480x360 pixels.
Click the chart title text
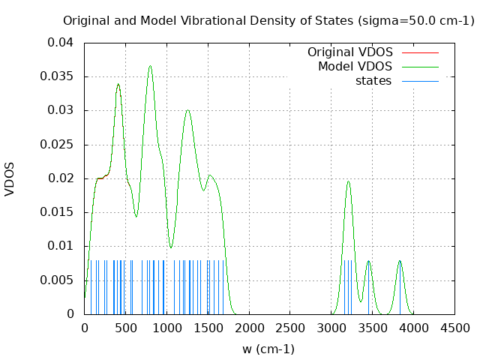pos(268,20)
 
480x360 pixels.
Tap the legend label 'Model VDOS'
pos(355,67)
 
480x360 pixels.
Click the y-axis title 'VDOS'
pos(10,178)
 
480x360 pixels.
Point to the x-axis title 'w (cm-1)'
pos(268,349)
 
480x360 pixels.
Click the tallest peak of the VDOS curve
pos(150,66)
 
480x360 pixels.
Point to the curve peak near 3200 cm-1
pos(348,181)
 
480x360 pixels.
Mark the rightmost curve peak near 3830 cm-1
pos(400,261)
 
